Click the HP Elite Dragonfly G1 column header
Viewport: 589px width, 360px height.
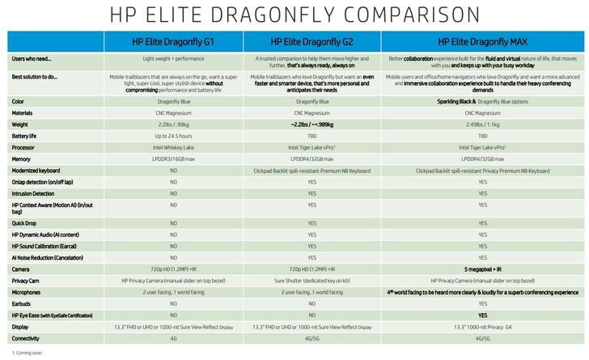click(x=173, y=40)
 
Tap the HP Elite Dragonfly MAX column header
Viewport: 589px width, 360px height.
click(x=483, y=40)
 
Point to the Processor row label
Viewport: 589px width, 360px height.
click(x=23, y=147)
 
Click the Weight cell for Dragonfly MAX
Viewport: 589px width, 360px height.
click(x=483, y=125)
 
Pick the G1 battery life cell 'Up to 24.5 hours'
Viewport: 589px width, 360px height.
click(x=173, y=136)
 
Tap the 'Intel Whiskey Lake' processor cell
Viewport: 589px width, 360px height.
click(x=173, y=147)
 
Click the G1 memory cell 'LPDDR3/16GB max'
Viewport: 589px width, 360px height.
click(x=173, y=159)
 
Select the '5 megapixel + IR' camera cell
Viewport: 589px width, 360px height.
click(x=483, y=269)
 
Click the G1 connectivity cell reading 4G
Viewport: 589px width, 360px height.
click(x=173, y=338)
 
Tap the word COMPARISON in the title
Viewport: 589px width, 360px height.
click(x=397, y=14)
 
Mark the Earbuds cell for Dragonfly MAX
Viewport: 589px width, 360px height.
click(x=483, y=303)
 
